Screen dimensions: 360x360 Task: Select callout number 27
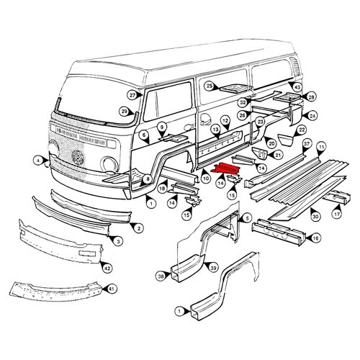pos(132,96)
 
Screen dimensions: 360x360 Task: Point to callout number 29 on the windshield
pos(124,111)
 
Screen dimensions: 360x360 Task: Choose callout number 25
pos(210,86)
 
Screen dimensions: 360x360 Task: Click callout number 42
pos(107,268)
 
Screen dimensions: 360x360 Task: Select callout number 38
pos(160,275)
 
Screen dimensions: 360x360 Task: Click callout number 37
pos(307,144)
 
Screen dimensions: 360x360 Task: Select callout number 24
pos(312,115)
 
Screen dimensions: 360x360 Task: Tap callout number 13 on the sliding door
pos(215,130)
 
